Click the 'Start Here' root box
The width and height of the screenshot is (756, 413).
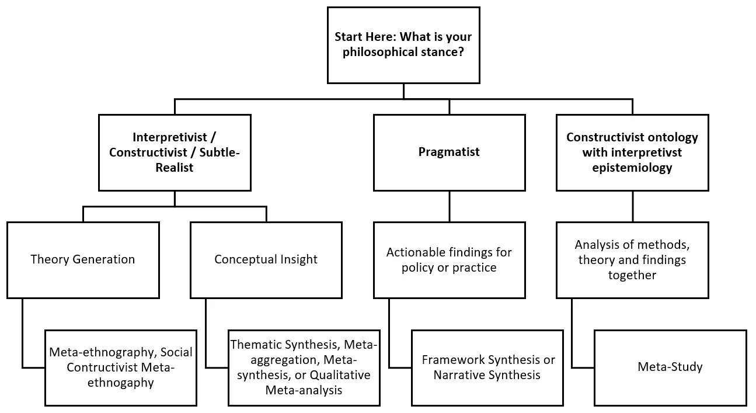point(403,45)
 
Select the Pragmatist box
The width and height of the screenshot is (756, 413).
point(449,152)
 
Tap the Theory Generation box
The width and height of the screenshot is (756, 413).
point(83,259)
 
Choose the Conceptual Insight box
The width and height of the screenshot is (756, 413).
point(266,259)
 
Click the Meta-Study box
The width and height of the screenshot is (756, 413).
point(670,367)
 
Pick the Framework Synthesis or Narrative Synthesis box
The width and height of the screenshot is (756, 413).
point(487,367)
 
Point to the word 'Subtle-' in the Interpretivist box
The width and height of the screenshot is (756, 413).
point(218,152)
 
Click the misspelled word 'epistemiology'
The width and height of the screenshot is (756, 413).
point(632,168)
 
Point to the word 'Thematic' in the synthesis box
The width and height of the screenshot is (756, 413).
point(253,345)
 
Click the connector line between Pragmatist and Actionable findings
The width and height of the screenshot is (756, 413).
point(450,206)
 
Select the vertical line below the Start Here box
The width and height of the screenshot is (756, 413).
point(403,91)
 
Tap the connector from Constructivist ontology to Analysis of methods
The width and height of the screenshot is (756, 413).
point(633,206)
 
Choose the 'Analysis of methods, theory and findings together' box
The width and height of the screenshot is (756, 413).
point(632,259)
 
